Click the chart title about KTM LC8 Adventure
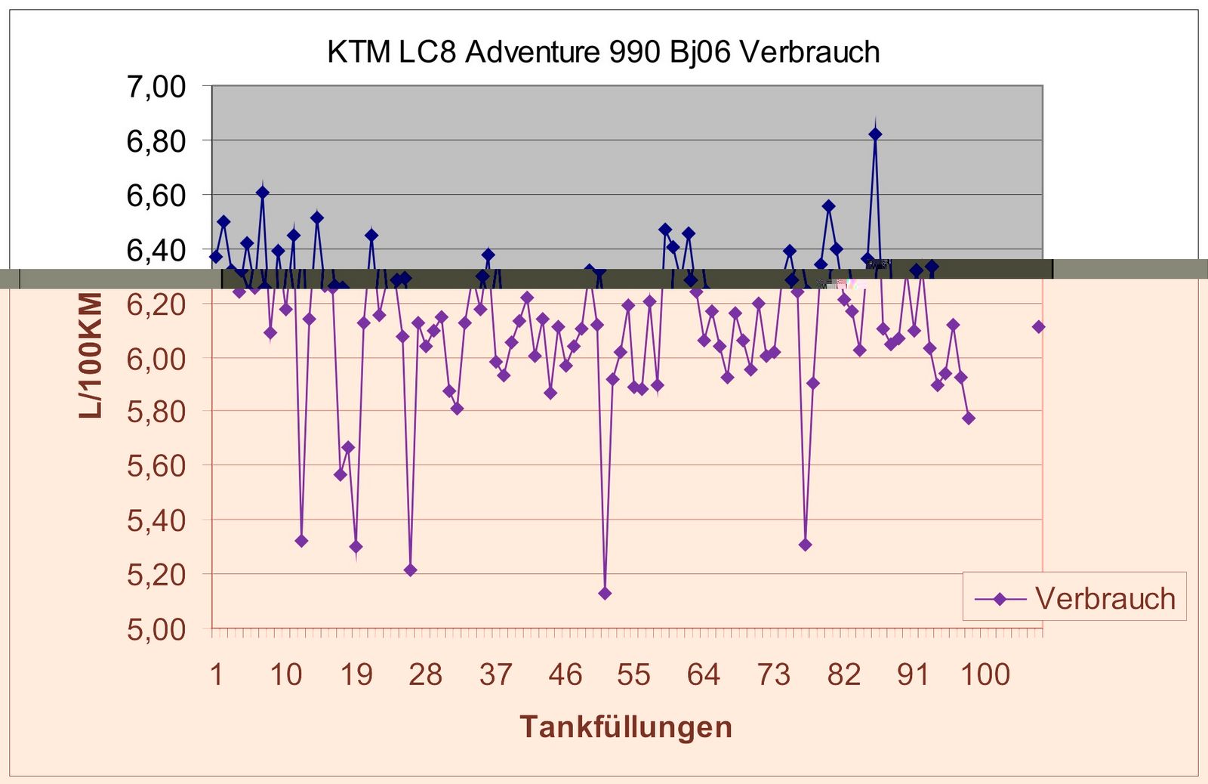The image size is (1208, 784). tap(603, 52)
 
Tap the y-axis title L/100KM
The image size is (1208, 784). tap(91, 355)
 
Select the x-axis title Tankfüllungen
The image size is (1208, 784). tap(626, 727)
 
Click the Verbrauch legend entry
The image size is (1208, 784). tap(1074, 598)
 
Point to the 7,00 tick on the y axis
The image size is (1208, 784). tap(156, 87)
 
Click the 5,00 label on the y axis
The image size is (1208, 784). tap(156, 628)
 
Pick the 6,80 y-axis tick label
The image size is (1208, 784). tap(156, 141)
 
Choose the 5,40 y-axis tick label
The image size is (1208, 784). tap(156, 520)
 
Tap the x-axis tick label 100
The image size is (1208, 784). tap(985, 674)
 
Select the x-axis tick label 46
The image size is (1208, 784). tap(565, 674)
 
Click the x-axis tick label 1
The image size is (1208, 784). tap(217, 674)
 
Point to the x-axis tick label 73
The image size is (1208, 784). tap(774, 674)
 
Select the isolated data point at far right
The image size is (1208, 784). tap(1039, 326)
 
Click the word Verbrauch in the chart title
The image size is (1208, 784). tap(809, 52)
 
